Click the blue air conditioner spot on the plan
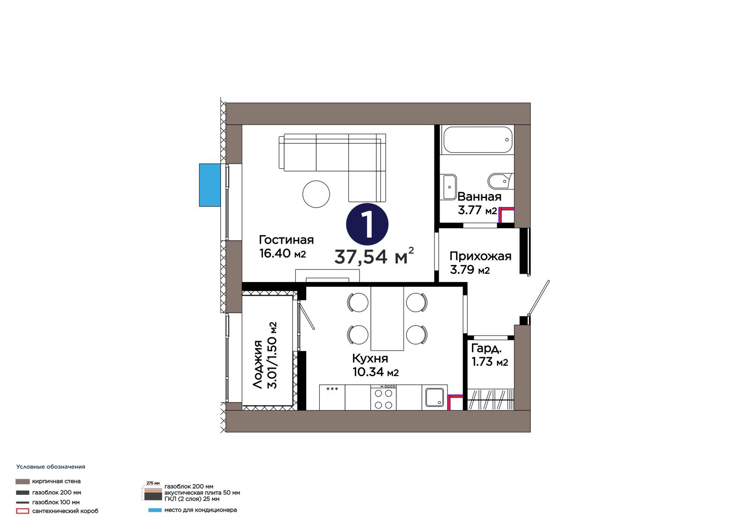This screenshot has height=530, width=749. pyautogui.click(x=210, y=185)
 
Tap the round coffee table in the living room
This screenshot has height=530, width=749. pyautogui.click(x=316, y=194)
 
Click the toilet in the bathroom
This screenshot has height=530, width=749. pyautogui.click(x=500, y=181)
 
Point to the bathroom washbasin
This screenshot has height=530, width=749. pyautogui.click(x=449, y=187)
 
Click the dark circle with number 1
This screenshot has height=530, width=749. pyautogui.click(x=367, y=224)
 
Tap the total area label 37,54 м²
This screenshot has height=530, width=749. pyautogui.click(x=374, y=257)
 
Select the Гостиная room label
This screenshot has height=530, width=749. pyautogui.click(x=286, y=240)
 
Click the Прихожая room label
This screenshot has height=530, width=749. pyautogui.click(x=480, y=256)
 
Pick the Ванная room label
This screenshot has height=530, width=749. pyautogui.click(x=479, y=196)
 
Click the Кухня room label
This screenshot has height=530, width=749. pyautogui.click(x=370, y=358)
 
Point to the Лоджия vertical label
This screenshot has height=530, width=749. pyautogui.click(x=257, y=364)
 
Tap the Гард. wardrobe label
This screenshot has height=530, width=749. pyautogui.click(x=486, y=349)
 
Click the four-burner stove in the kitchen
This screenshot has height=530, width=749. pyautogui.click(x=383, y=397)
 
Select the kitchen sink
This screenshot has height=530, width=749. pyautogui.click(x=434, y=397)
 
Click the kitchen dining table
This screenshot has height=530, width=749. pyautogui.click(x=387, y=318)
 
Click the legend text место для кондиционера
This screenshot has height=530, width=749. pyautogui.click(x=200, y=510)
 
